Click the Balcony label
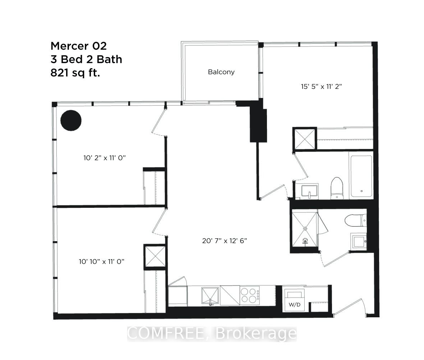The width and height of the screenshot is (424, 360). (221, 72)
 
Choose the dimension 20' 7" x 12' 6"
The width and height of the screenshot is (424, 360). (225, 240)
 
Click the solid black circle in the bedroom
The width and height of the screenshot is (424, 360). (71, 120)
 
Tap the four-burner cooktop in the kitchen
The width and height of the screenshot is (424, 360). (249, 295)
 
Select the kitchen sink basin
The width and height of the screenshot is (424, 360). (211, 295)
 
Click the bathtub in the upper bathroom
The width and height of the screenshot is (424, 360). (361, 176)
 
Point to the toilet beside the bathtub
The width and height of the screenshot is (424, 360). (337, 187)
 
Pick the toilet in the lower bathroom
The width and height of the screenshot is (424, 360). (355, 220)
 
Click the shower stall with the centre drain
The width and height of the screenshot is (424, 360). (305, 229)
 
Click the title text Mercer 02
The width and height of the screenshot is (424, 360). (79, 46)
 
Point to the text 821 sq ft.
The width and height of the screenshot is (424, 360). (75, 73)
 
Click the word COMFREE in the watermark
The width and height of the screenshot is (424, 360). (169, 334)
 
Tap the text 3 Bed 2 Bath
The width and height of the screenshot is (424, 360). (86, 59)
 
